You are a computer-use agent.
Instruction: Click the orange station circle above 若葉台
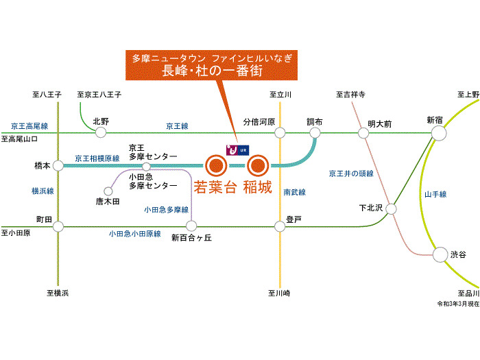pyautogui.click(x=215, y=165)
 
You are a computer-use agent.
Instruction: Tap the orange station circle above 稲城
pyautogui.click(x=257, y=165)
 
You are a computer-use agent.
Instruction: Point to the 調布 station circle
pyautogui.click(x=315, y=132)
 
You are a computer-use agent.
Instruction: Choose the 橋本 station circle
pyautogui.click(x=58, y=165)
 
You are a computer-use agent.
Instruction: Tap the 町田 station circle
pyautogui.click(x=58, y=225)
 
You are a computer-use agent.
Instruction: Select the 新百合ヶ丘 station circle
pyautogui.click(x=191, y=225)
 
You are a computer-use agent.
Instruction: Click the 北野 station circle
pyautogui.click(x=101, y=132)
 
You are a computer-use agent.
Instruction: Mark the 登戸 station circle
pyautogui.click(x=280, y=225)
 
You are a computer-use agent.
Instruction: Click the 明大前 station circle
pyautogui.click(x=363, y=132)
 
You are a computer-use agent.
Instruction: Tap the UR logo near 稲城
pyautogui.click(x=236, y=149)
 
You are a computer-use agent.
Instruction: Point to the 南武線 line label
pyautogui.click(x=294, y=193)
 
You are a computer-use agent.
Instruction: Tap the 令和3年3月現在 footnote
pyautogui.click(x=458, y=302)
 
